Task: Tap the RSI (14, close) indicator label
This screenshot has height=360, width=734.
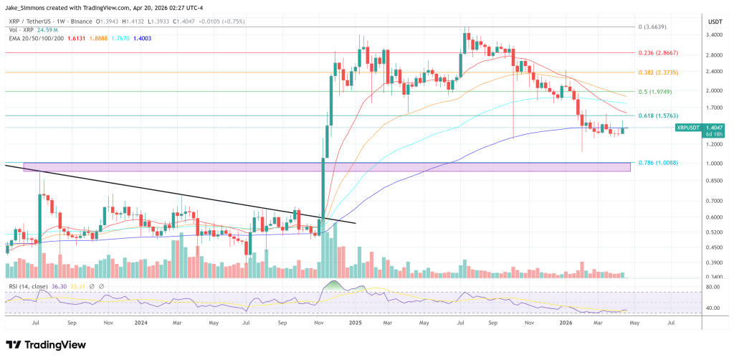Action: point(32,286)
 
